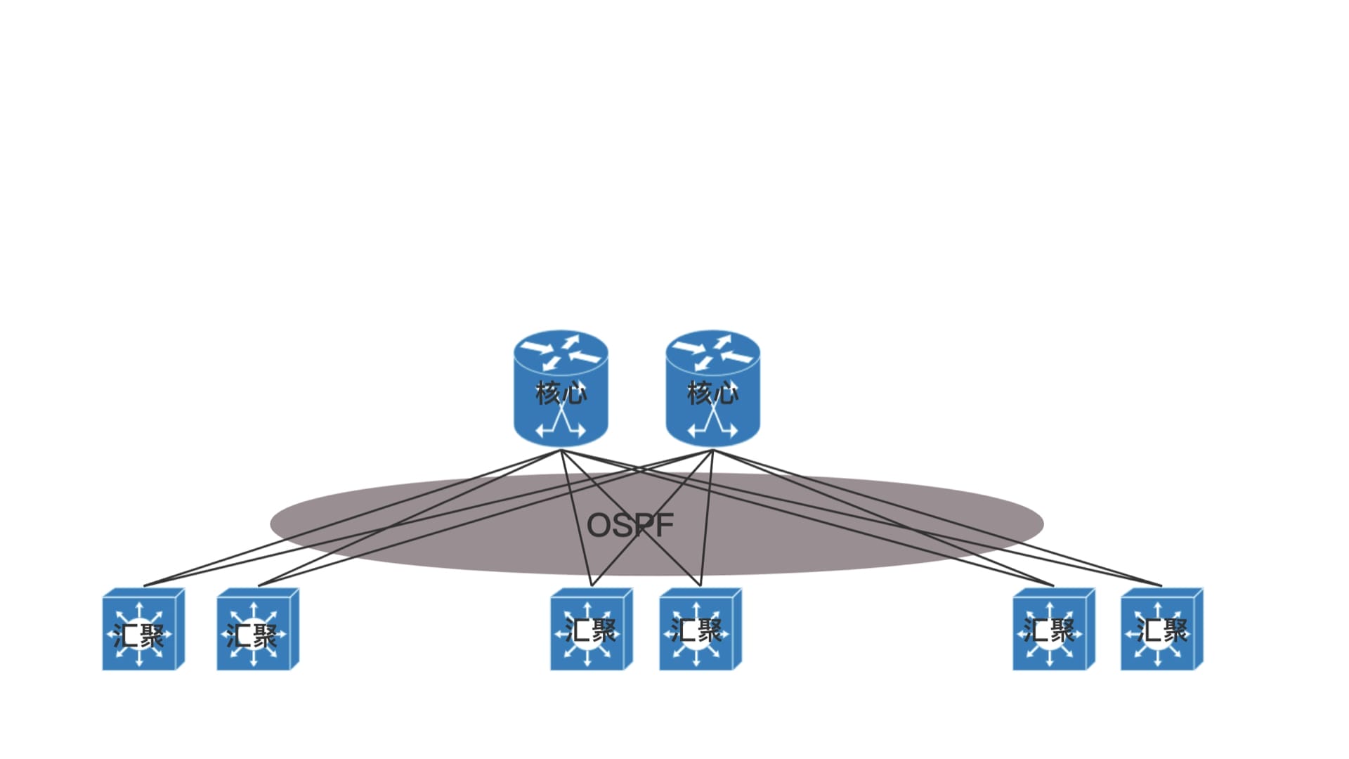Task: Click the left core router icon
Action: [x=561, y=388]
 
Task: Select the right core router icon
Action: [x=712, y=388]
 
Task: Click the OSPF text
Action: [x=630, y=525]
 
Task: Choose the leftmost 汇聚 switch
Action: [x=143, y=630]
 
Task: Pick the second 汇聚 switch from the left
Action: [x=258, y=630]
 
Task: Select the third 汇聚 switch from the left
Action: [x=591, y=630]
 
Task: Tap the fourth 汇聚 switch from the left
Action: [x=700, y=630]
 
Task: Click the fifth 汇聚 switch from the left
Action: [x=1053, y=630]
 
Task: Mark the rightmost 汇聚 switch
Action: [x=1161, y=630]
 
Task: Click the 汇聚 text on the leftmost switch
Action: [x=139, y=635]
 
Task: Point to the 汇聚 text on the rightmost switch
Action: [x=1162, y=630]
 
